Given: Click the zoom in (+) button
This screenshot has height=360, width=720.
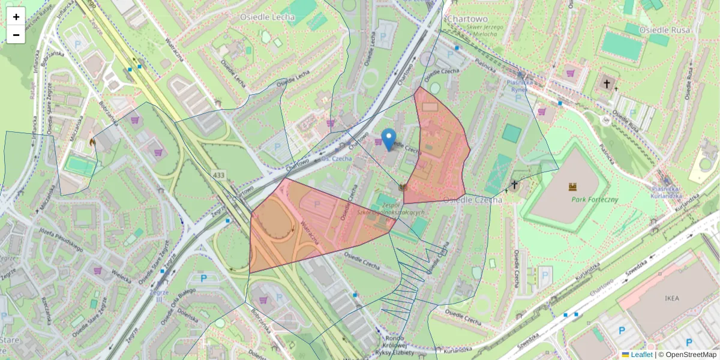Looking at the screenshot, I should point(16,17).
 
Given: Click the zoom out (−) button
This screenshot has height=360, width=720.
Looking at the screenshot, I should point(16,35).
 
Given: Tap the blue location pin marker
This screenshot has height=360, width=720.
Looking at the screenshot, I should point(389,139).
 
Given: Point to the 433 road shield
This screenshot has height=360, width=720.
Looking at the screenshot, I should point(218,175).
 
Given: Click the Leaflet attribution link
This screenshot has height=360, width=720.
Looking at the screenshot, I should point(641,355).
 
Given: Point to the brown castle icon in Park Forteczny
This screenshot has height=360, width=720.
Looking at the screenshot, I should point(573,187).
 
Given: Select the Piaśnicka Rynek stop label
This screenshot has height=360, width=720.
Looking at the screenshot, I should point(517,86).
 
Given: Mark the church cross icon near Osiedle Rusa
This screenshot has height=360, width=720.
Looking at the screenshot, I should point(607,84).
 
